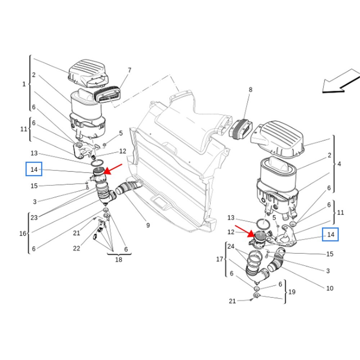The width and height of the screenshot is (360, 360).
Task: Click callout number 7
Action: [129, 70]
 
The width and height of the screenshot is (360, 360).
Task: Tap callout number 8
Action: [250, 90]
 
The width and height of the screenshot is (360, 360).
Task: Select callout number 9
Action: [148, 225]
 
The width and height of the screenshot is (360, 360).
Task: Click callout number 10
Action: [330, 288]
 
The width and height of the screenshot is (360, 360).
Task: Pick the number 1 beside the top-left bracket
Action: [24, 84]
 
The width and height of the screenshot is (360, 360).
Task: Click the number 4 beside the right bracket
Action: [339, 164]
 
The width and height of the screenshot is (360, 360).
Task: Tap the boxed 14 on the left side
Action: [34, 169]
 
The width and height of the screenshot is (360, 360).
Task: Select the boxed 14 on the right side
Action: [330, 235]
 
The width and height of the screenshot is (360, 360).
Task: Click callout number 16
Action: [23, 233]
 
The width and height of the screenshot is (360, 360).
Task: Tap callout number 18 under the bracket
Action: [118, 259]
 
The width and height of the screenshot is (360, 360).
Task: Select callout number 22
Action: [77, 248]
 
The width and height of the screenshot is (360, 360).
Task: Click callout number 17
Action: [220, 259]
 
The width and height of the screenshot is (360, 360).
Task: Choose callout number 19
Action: [292, 292]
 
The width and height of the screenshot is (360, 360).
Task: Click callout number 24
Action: [231, 247]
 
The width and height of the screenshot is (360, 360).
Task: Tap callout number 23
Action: [34, 217]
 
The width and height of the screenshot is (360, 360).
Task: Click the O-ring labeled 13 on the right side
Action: [264, 224]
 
